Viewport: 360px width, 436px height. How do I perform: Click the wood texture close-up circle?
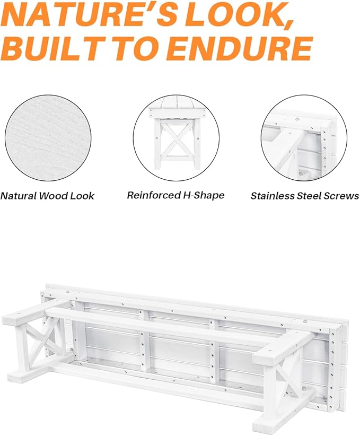tap(48, 138)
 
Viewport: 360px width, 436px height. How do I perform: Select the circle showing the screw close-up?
tap(304, 138)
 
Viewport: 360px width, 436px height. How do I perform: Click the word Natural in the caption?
tap(19, 196)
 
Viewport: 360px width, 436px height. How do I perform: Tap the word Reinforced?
tap(153, 195)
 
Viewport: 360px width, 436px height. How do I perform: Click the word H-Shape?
tap(204, 196)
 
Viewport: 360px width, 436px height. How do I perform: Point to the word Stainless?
tap(273, 196)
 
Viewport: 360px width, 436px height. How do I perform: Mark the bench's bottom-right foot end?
tap(266, 425)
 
